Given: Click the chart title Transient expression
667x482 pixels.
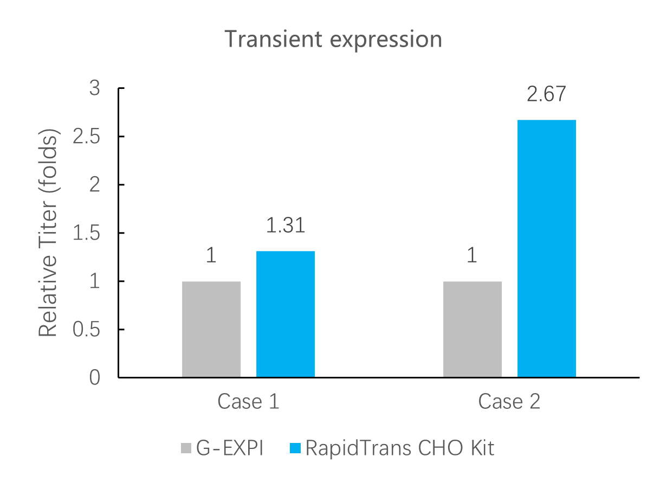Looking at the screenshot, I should [333, 40].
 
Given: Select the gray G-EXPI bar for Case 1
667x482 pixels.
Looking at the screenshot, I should [211, 329].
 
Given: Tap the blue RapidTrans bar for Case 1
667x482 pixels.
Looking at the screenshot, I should [286, 313].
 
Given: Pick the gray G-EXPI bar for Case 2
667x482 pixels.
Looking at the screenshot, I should [472, 329].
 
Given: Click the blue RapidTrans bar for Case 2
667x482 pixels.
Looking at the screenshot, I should [547, 248].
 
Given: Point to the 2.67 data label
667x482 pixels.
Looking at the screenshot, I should [546, 94].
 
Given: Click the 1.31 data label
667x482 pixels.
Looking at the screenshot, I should [286, 226].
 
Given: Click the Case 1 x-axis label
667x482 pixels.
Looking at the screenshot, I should [248, 402].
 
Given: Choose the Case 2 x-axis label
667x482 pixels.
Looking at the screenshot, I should [509, 402].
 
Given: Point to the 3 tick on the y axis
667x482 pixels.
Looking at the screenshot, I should [95, 88].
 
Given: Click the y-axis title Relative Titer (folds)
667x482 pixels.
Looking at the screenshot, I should [48, 233].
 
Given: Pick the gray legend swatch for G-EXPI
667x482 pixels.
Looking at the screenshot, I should [186, 448].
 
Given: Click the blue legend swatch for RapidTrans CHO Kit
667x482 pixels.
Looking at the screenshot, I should [295, 448].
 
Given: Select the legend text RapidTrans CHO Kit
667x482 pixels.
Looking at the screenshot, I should [400, 448].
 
